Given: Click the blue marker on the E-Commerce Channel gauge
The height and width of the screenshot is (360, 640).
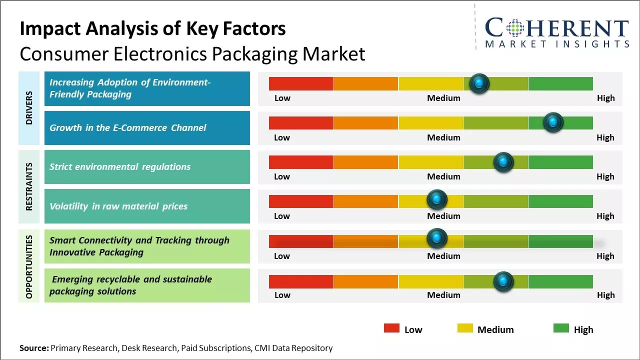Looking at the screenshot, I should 553,122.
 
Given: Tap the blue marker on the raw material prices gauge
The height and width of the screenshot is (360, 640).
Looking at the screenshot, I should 437,200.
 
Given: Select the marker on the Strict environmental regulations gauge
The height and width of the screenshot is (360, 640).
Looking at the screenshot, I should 503,162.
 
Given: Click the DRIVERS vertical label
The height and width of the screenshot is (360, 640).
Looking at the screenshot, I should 29,108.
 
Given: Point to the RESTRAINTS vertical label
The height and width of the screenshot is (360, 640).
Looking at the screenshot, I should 29,186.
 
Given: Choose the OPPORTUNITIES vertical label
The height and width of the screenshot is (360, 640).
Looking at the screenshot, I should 29,266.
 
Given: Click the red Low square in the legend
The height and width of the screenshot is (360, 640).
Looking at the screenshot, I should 391,328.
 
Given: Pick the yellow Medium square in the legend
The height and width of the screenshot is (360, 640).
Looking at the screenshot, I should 465,328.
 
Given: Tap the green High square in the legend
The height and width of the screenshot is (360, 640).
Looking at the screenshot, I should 561,328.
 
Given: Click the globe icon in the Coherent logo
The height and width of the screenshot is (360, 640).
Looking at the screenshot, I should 515,28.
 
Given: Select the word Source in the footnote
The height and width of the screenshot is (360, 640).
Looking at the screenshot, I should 33,348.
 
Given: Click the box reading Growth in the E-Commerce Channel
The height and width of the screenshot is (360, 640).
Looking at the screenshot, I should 147,128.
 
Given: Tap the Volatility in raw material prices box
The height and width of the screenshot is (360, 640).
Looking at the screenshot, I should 147,206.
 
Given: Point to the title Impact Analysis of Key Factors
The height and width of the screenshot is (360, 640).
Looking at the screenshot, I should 152,28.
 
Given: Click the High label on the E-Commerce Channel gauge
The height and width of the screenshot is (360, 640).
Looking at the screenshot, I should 605,137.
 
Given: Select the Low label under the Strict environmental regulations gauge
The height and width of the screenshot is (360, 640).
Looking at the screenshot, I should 282,176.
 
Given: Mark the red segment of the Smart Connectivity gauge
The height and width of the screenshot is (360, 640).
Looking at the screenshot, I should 301,241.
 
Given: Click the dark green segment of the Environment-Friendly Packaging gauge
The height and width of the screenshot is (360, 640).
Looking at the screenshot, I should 560,83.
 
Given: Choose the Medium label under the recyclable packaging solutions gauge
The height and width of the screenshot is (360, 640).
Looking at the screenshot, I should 443,295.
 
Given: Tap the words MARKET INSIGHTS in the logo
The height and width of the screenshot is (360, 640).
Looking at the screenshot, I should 557,44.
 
